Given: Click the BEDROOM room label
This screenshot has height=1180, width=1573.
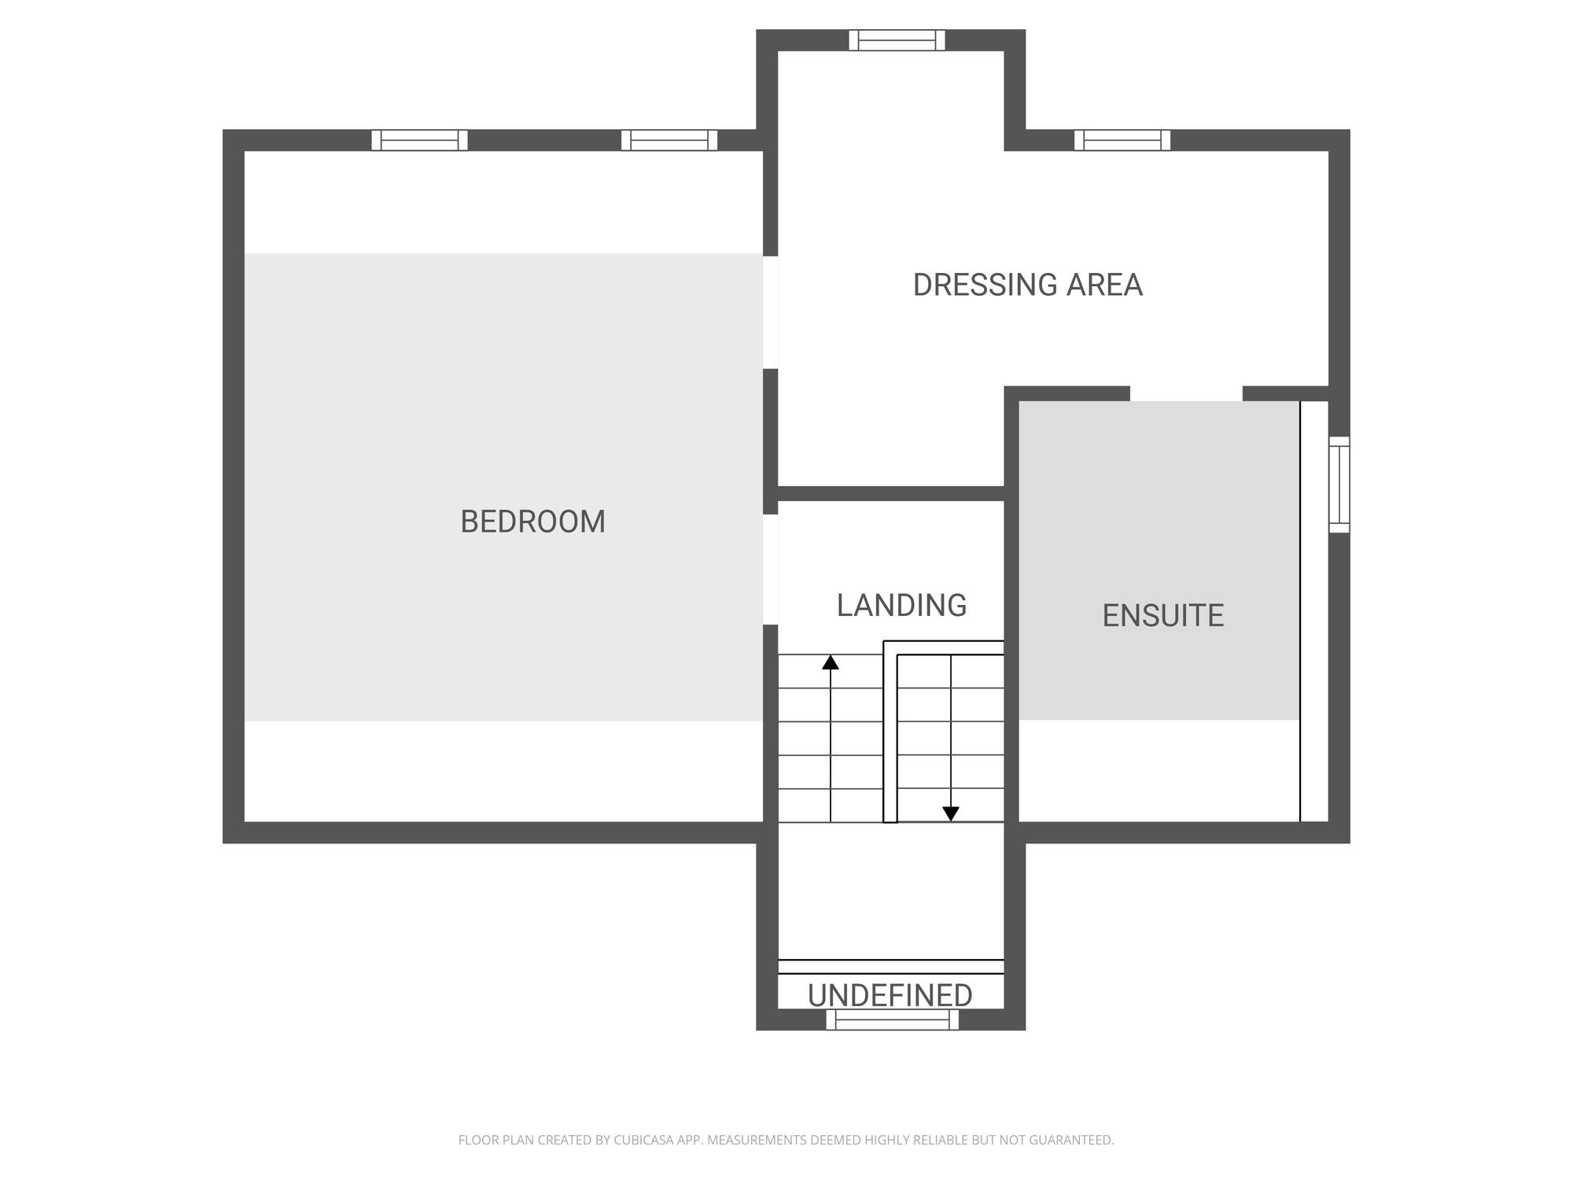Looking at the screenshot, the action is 532,522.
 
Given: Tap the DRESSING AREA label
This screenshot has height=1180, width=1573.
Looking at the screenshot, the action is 1027,285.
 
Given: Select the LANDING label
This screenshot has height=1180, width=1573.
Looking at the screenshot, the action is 901,605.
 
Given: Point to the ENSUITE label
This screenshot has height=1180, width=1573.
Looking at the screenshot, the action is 1162,615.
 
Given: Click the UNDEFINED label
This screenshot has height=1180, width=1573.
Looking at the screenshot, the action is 890,995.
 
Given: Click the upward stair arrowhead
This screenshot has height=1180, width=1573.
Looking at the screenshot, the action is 831,662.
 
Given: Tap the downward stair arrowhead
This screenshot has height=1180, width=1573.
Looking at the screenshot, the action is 951,814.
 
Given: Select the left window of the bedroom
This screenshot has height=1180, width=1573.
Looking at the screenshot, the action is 419,140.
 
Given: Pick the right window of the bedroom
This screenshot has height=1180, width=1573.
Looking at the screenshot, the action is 669,140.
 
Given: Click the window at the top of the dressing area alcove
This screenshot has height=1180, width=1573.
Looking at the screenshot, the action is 897,40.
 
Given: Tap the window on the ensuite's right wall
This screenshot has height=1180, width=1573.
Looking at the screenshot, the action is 1339,485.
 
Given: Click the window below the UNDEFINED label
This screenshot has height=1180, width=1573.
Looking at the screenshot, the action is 893,1020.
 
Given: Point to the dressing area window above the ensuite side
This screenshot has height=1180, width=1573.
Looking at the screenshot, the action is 1122,140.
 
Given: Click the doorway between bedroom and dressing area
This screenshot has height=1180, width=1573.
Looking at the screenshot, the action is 771,312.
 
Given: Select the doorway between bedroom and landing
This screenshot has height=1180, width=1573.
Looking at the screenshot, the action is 771,570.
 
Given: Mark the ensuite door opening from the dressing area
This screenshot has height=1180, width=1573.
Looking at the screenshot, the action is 1186,393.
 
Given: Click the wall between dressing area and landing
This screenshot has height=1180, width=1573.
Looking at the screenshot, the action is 891,493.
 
